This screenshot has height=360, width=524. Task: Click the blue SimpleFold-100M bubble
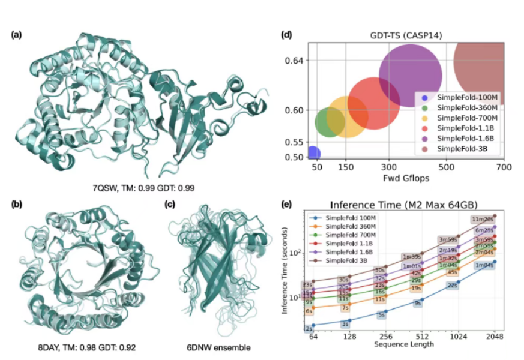coord(313,154)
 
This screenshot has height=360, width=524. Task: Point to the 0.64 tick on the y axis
coord(295,61)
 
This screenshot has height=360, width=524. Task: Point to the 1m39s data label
coord(412,257)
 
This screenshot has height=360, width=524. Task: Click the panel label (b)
coord(18,203)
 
